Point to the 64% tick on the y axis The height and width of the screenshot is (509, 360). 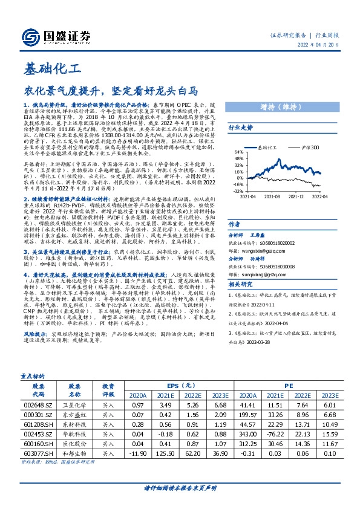(238, 152)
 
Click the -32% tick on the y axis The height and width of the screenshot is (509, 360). (238, 190)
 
